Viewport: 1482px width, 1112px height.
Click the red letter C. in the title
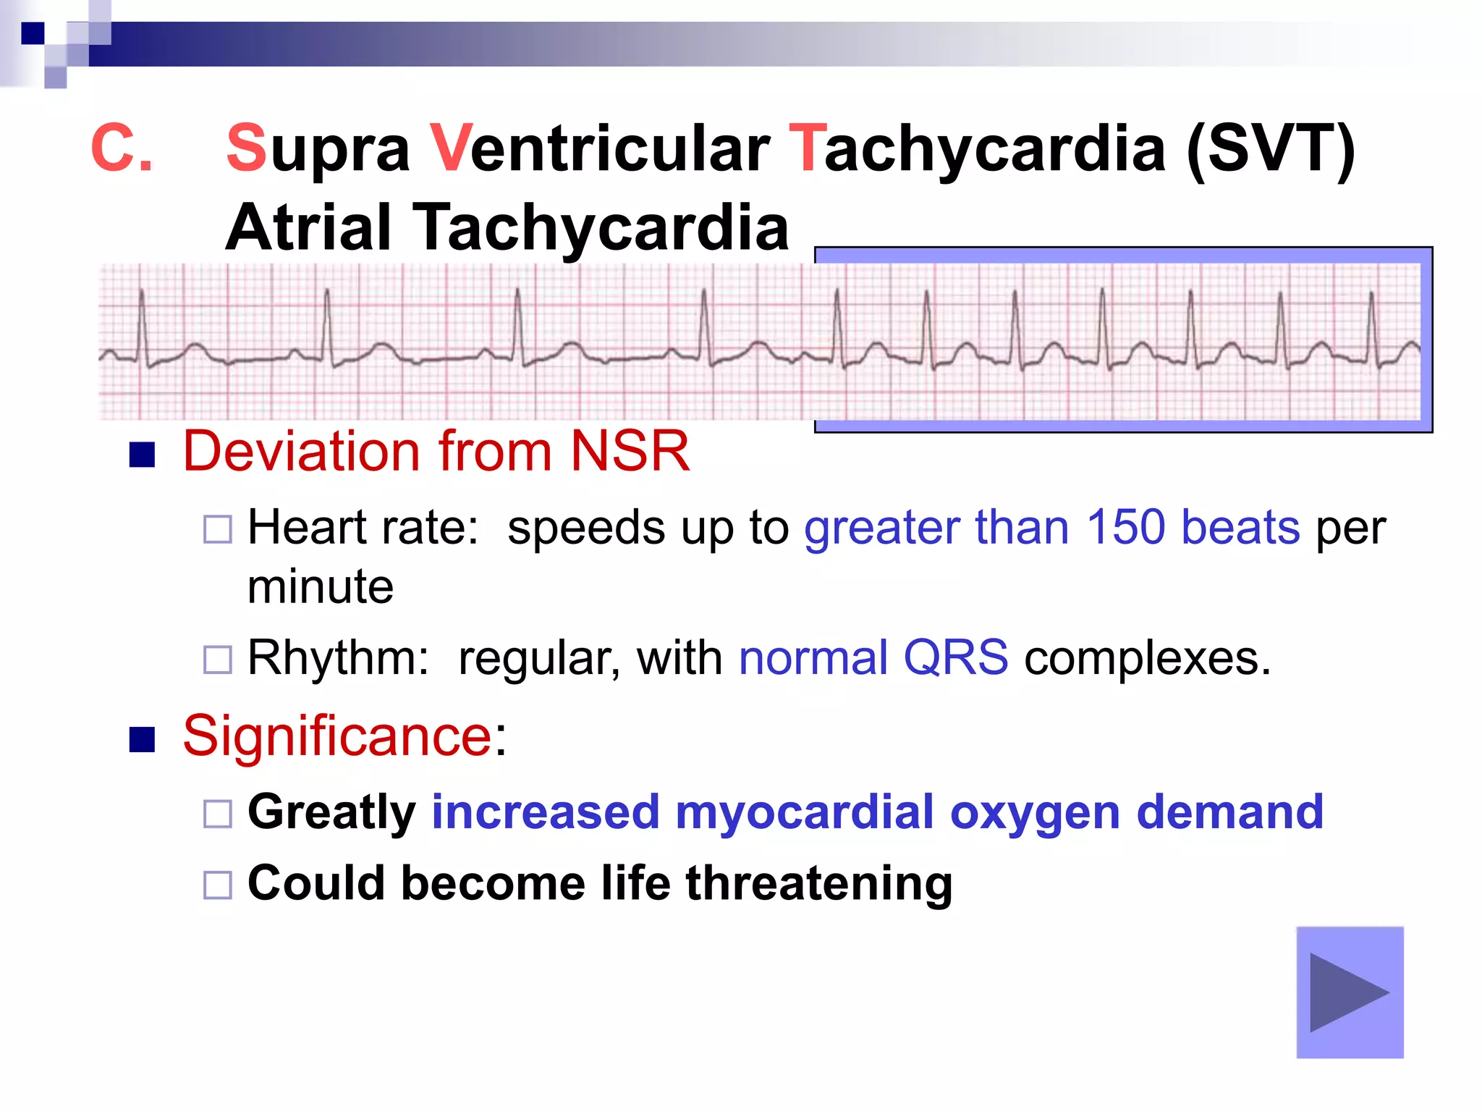tap(121, 148)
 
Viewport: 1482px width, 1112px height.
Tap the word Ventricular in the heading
tap(599, 148)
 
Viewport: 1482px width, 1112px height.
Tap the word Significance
tap(337, 736)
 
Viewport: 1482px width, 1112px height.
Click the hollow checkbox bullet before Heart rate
tap(217, 529)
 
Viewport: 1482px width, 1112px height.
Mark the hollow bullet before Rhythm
tap(217, 660)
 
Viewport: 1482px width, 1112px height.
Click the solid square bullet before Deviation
tap(142, 455)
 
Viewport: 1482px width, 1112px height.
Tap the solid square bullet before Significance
tap(142, 739)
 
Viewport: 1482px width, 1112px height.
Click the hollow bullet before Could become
tap(217, 885)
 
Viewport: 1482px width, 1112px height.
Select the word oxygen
tap(1036, 813)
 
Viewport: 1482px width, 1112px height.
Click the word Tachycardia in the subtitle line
tap(600, 227)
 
